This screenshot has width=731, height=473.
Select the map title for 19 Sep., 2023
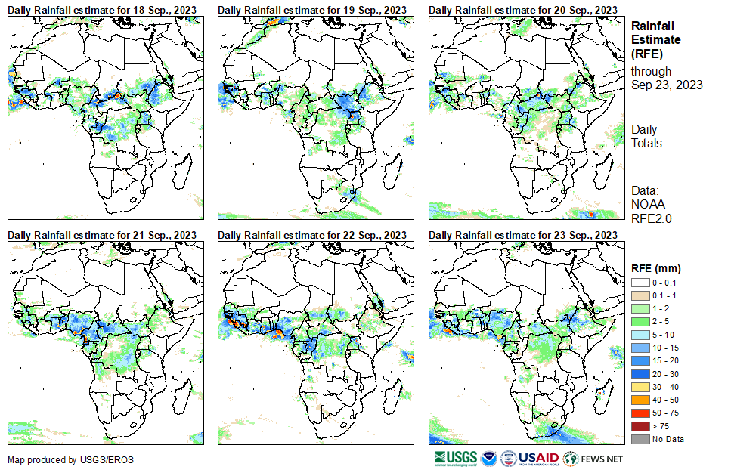click(312, 9)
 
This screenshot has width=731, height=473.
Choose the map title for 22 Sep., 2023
click(312, 235)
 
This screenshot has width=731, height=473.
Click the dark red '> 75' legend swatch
click(639, 427)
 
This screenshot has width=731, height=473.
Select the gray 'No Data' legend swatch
click(639, 440)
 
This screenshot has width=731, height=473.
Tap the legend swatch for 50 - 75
click(639, 413)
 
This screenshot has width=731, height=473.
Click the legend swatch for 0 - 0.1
click(639, 283)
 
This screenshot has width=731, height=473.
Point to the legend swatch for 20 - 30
click(639, 374)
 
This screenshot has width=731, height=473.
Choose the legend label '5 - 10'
click(662, 335)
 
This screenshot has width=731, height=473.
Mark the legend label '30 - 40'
click(664, 388)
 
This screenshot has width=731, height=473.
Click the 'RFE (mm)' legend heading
click(656, 267)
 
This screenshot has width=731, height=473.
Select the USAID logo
click(539, 458)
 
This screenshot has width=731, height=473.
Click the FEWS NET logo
click(594, 458)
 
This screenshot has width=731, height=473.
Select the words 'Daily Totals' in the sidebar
click(646, 136)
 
